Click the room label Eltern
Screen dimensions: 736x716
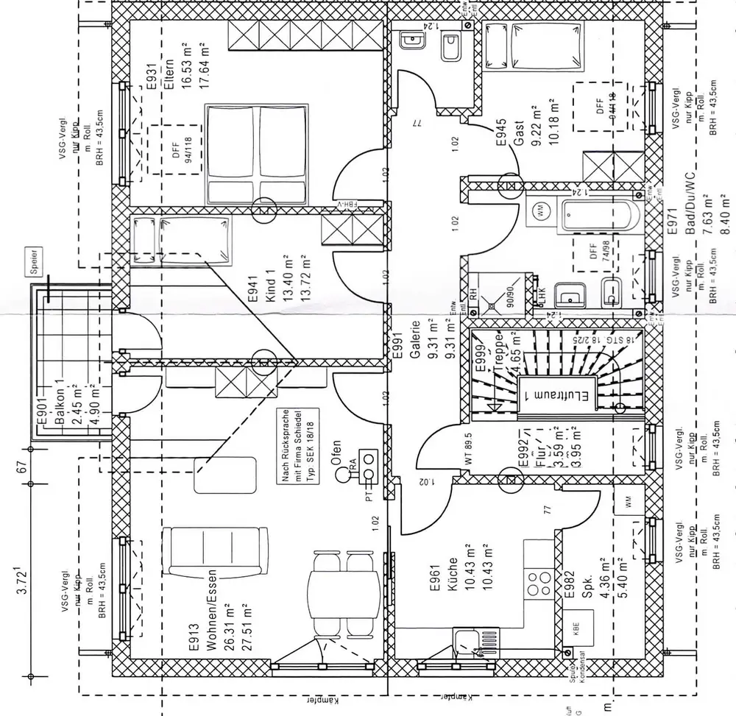coord(169,74)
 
